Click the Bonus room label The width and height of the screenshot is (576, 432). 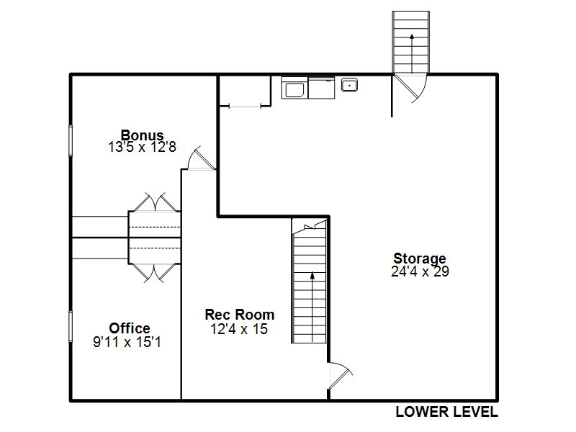142,135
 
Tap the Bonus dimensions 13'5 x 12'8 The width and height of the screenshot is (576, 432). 142,147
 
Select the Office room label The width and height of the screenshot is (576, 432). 130,328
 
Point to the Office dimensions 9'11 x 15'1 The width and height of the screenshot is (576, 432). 127,342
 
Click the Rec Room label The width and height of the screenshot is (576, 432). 240,315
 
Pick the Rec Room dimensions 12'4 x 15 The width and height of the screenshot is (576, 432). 239,329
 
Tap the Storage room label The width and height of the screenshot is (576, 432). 420,258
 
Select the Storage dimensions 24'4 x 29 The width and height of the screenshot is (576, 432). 420,271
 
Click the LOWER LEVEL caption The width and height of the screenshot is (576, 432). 446,412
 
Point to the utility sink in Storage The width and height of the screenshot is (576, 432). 349,85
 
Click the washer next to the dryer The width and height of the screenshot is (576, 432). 294,88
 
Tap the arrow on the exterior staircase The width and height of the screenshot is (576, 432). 412,53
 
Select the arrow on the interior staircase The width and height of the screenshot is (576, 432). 312,307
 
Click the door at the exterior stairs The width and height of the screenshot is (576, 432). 410,87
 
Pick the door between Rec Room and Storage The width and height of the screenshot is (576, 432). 340,376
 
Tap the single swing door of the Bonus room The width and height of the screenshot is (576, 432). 202,158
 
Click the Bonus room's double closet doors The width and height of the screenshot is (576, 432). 155,202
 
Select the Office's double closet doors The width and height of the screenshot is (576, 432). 154,273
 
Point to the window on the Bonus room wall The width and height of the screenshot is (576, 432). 71,140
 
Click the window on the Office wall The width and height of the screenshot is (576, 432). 71,327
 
